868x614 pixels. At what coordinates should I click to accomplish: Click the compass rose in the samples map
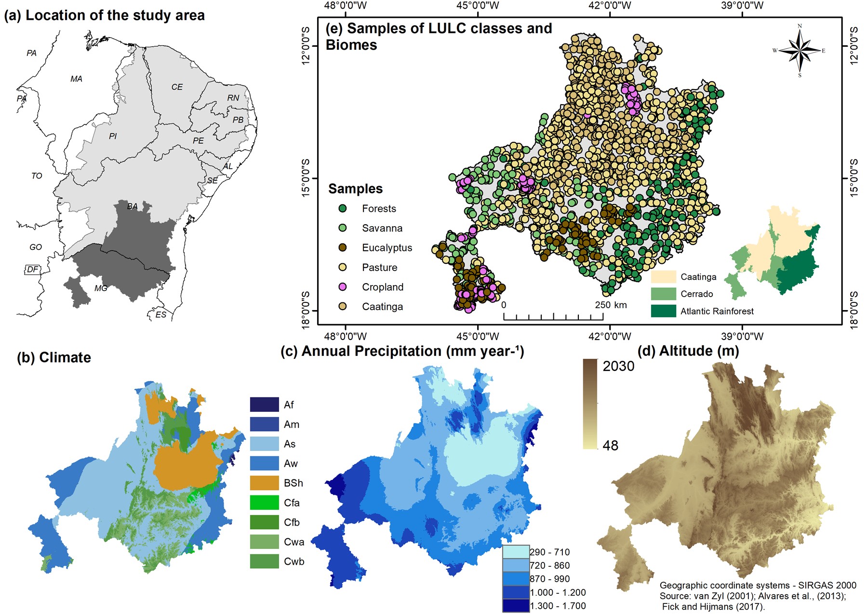(x=800, y=50)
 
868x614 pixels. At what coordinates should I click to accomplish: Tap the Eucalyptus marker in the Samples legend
(x=343, y=247)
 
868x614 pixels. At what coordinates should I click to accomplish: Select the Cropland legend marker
(x=343, y=287)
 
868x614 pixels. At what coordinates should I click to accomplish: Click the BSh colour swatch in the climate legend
(x=264, y=483)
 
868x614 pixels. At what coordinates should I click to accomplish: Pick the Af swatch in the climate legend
(x=264, y=404)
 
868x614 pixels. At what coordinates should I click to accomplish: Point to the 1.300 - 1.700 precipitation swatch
(x=515, y=606)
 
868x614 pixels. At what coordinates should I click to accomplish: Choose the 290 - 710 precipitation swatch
(x=515, y=552)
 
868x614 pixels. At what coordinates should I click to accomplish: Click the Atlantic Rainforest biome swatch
(x=663, y=311)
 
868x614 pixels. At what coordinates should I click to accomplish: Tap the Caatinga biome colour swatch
(x=663, y=277)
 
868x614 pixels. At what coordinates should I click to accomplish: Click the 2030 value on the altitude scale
(x=618, y=366)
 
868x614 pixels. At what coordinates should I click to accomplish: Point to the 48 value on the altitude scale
(x=610, y=445)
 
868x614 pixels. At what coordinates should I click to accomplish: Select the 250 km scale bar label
(x=611, y=305)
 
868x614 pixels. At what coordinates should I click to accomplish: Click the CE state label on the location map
(x=177, y=87)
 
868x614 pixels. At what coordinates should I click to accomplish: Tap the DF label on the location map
(x=32, y=269)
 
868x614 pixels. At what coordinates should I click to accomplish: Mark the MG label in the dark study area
(x=101, y=288)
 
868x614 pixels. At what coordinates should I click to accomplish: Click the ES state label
(x=160, y=314)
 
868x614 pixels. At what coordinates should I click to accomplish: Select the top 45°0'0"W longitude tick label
(x=478, y=6)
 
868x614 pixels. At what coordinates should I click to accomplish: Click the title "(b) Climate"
(x=54, y=357)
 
